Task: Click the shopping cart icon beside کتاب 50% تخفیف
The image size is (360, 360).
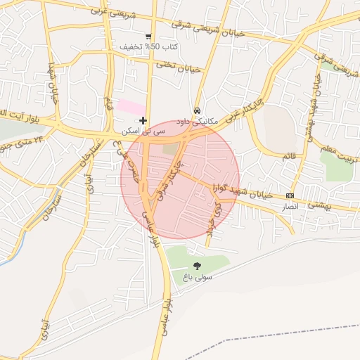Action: [148, 37]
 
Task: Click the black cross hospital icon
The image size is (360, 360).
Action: [143, 121]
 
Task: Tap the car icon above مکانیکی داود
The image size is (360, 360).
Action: [198, 111]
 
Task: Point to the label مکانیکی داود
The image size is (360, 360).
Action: [200, 121]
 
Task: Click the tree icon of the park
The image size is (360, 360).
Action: [197, 266]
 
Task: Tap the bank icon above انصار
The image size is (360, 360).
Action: [290, 195]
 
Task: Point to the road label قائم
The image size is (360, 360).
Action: [289, 156]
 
